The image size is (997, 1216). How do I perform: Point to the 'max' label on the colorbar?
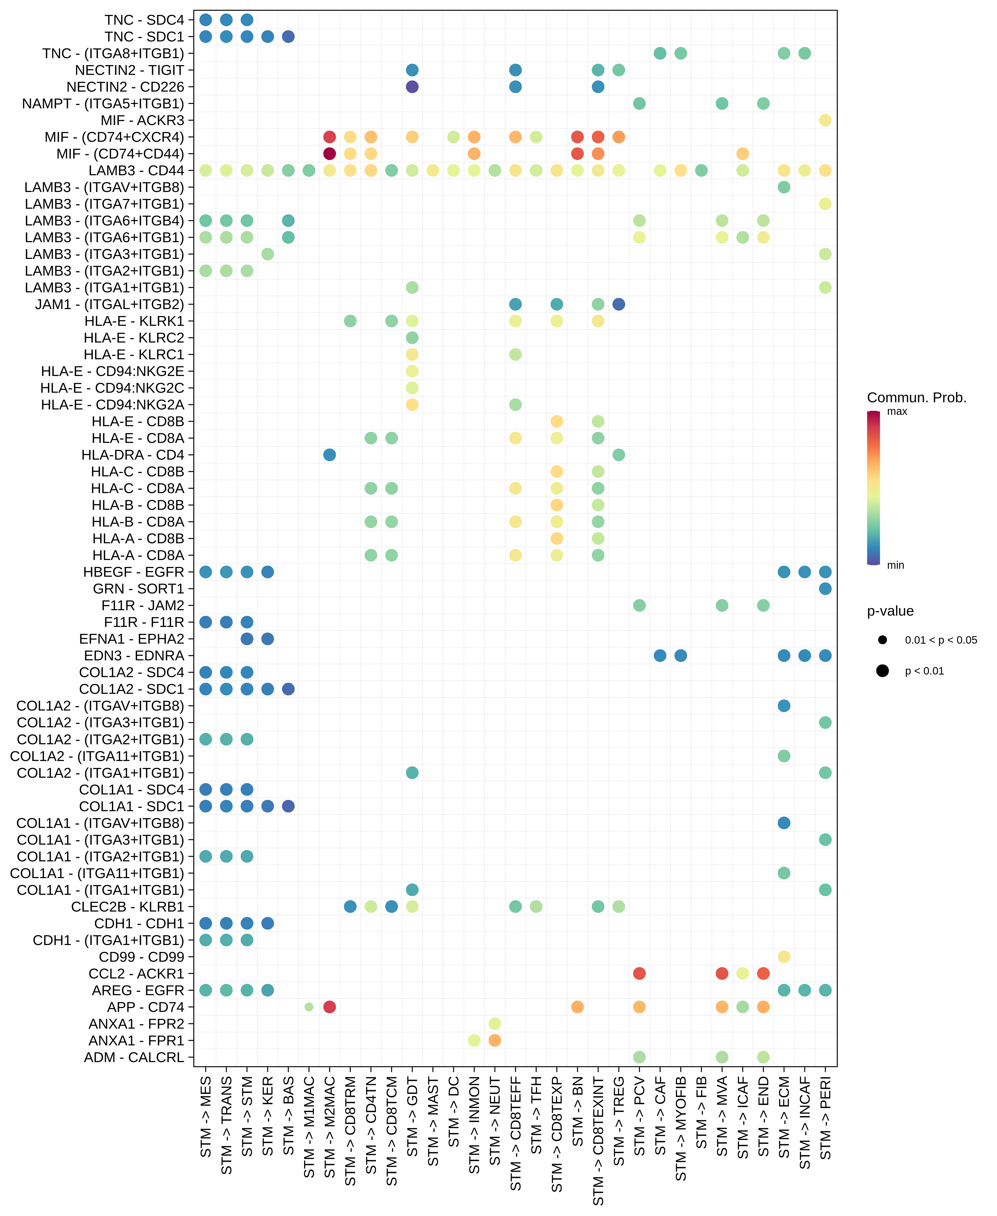[x=896, y=411]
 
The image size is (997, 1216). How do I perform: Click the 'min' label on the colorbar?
[x=895, y=565]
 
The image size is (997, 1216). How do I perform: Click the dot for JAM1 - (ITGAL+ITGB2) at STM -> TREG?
[x=619, y=304]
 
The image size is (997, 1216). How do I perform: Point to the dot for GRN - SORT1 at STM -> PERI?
[x=825, y=589]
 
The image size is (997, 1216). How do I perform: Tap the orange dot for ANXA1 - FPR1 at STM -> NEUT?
[x=495, y=1040]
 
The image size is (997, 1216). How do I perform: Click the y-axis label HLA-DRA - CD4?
[x=133, y=455]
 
